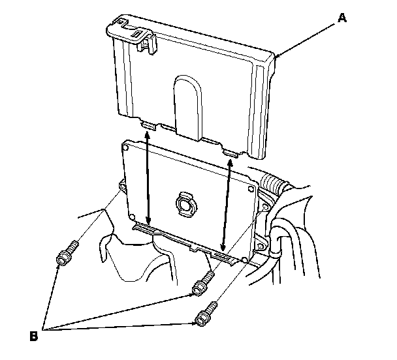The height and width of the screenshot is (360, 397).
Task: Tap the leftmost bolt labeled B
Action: [66, 256]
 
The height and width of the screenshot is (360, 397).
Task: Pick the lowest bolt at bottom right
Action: [206, 314]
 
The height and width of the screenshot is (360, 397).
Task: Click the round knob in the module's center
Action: [184, 204]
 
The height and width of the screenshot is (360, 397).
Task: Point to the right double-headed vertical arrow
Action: [227, 202]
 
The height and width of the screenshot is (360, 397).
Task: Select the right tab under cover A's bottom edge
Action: [230, 152]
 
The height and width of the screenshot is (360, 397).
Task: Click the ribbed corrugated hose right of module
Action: [274, 184]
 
